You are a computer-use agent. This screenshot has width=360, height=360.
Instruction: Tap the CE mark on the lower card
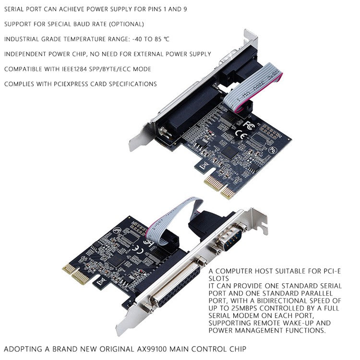137,248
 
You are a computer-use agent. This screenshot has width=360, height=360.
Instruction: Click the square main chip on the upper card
231,152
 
